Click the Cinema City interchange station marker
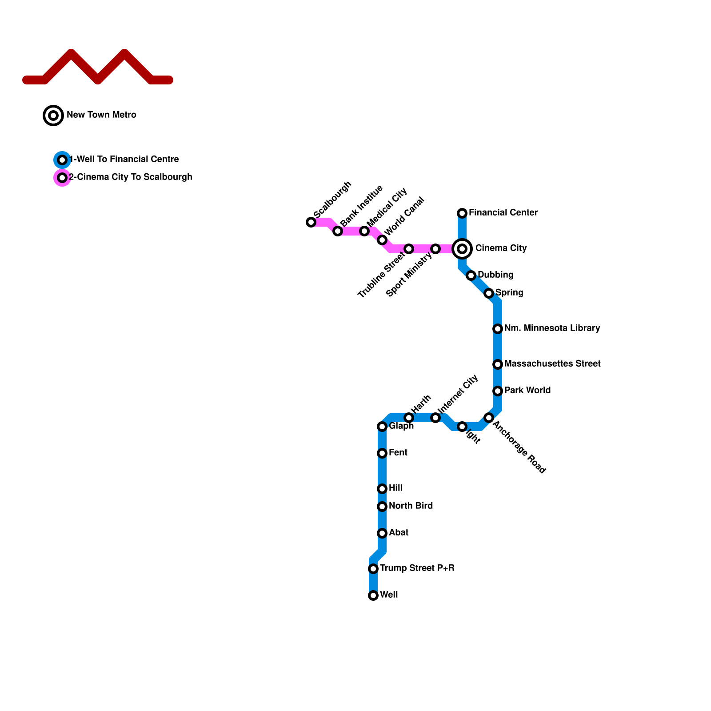tap(462, 249)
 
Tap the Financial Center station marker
tap(462, 213)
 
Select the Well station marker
tap(373, 595)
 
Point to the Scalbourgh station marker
tap(311, 222)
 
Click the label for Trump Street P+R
tap(417, 568)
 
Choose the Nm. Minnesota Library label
tap(552, 328)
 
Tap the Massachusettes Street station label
tap(552, 364)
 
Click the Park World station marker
tap(498, 391)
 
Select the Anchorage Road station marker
tap(489, 418)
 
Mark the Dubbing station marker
tap(471, 276)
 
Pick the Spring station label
tap(509, 293)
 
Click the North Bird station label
tap(411, 506)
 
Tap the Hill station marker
tap(382, 489)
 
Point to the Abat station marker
tap(382, 533)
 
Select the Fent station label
tap(398, 453)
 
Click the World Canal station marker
tap(382, 240)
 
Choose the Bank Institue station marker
tap(338, 231)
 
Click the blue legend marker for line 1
tap(62, 160)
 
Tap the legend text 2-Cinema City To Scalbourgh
tap(131, 177)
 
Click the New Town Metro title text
tap(101, 115)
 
